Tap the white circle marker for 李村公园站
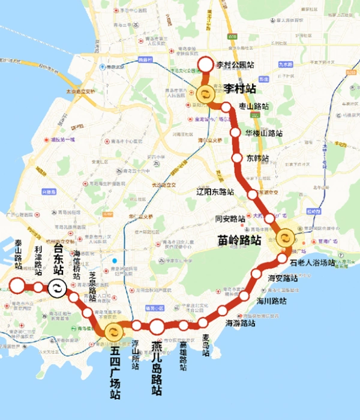click(205, 64)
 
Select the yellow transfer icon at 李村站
click(205, 94)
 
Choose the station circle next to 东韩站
click(236, 158)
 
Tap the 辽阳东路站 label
click(215, 192)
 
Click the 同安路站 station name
click(230, 219)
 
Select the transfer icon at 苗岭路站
click(285, 236)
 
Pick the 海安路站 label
click(283, 278)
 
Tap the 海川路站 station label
click(271, 301)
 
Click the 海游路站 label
click(241, 323)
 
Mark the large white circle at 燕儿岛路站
click(157, 327)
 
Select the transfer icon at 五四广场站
click(113, 332)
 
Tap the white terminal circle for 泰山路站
click(16, 286)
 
